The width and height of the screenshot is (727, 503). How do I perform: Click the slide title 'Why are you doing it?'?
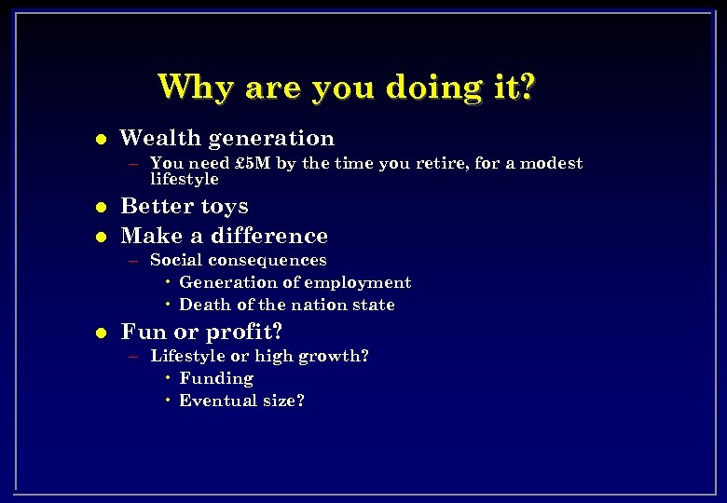pyautogui.click(x=347, y=87)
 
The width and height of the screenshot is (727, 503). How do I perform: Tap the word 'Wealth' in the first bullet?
pyautogui.click(x=160, y=139)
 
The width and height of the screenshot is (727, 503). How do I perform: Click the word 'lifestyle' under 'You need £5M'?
pyautogui.click(x=184, y=179)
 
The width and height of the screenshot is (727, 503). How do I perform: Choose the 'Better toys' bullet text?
pyautogui.click(x=185, y=206)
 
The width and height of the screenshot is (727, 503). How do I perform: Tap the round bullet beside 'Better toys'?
pyautogui.click(x=101, y=207)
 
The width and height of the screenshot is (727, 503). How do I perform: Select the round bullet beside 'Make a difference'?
pyautogui.click(x=101, y=237)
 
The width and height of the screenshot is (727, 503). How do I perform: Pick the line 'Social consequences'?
pyautogui.click(x=238, y=260)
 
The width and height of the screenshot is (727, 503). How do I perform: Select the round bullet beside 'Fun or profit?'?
pyautogui.click(x=101, y=333)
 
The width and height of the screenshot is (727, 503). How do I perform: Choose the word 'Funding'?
pyautogui.click(x=215, y=378)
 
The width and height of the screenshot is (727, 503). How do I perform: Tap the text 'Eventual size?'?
pyautogui.click(x=241, y=401)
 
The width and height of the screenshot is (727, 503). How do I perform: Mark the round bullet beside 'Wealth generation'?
pyautogui.click(x=101, y=140)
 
